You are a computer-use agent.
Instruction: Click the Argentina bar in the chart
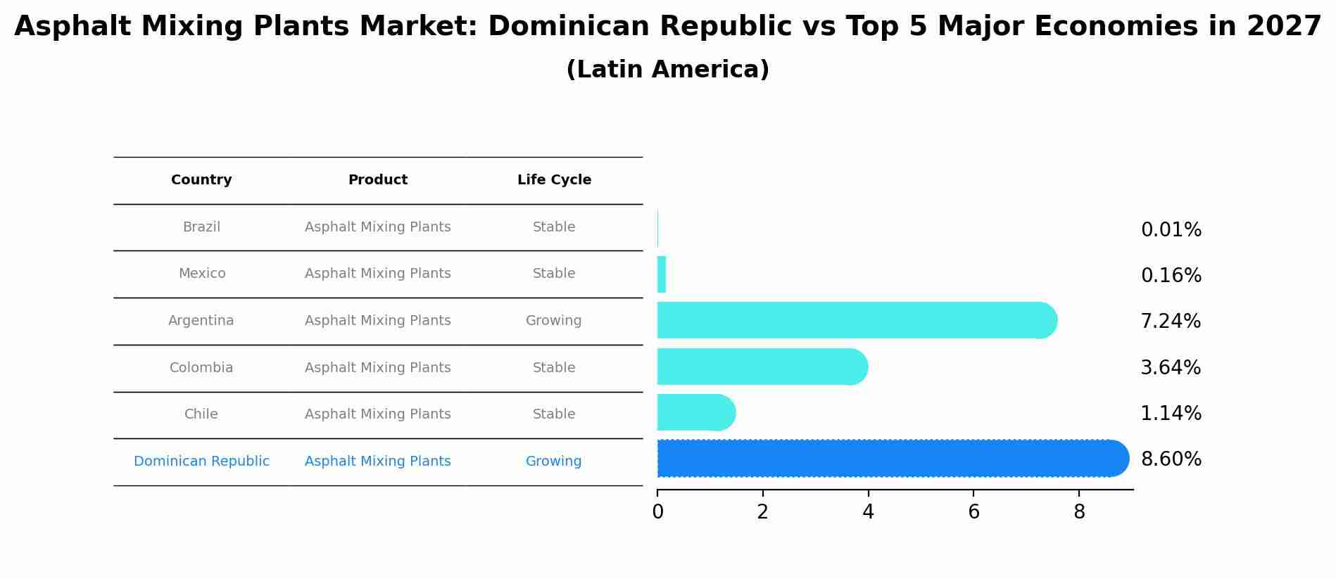tap(855, 320)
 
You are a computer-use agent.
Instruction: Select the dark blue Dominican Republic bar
tap(890, 459)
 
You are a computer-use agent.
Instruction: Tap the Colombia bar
tap(760, 367)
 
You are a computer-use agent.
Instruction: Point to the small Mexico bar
tap(662, 274)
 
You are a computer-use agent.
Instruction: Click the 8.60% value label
tap(1171, 459)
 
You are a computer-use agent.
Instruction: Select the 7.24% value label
tap(1171, 322)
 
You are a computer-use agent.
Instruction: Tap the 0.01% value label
tap(1171, 230)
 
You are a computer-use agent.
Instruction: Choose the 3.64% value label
tap(1171, 367)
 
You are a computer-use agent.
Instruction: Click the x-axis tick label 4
tap(868, 512)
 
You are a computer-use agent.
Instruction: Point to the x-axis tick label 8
tap(1079, 512)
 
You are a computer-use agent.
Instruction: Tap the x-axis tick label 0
tap(657, 512)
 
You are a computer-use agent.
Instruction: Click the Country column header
tap(201, 180)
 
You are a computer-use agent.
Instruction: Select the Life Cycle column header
tap(554, 180)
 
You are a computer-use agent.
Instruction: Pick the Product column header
tap(378, 180)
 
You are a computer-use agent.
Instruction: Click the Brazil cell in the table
tap(201, 227)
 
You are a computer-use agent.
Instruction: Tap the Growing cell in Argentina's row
tap(553, 321)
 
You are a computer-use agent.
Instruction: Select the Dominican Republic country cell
tap(201, 462)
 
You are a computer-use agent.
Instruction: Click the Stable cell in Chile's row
tap(554, 414)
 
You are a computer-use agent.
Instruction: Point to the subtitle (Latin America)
tap(667, 70)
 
